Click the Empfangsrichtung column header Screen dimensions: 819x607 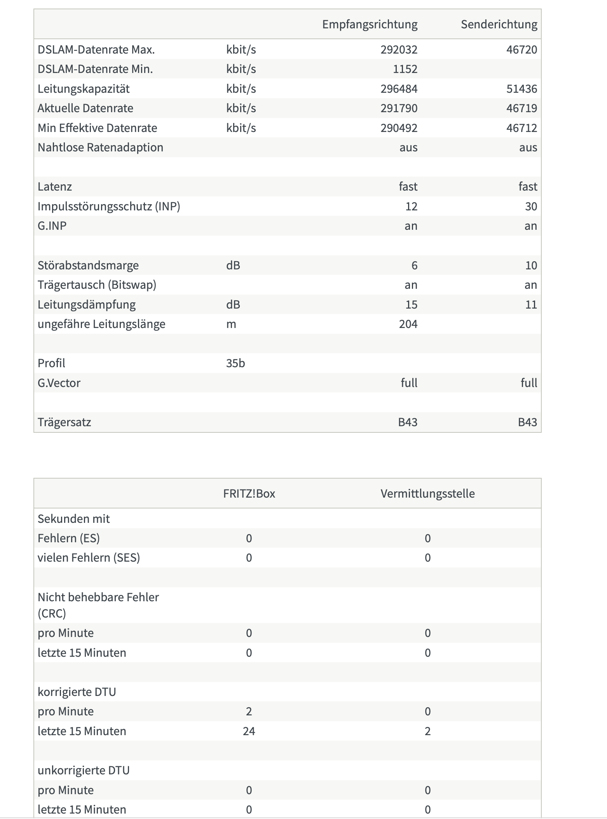[x=370, y=24]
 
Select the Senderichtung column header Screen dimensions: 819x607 [x=499, y=24]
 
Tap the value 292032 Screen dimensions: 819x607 [x=399, y=50]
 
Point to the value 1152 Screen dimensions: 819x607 [x=405, y=69]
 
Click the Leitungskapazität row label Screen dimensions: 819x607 [x=84, y=89]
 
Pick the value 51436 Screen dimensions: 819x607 [x=522, y=89]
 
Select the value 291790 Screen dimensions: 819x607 [x=399, y=108]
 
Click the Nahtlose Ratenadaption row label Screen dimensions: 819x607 [x=100, y=147]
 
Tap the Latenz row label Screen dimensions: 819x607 [x=55, y=187]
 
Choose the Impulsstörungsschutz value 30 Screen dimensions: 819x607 [x=531, y=206]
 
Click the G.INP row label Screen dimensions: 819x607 [x=52, y=226]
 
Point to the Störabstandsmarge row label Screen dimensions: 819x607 [x=88, y=265]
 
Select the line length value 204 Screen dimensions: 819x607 [x=408, y=324]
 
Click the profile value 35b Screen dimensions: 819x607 [x=235, y=363]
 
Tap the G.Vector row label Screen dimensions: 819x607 [x=59, y=383]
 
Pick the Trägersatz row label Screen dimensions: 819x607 [x=65, y=422]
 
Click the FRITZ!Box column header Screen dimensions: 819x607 [x=249, y=494]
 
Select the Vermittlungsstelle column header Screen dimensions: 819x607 [x=427, y=494]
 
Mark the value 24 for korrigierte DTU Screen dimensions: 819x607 [x=249, y=731]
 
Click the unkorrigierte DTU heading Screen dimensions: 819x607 [x=84, y=770]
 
